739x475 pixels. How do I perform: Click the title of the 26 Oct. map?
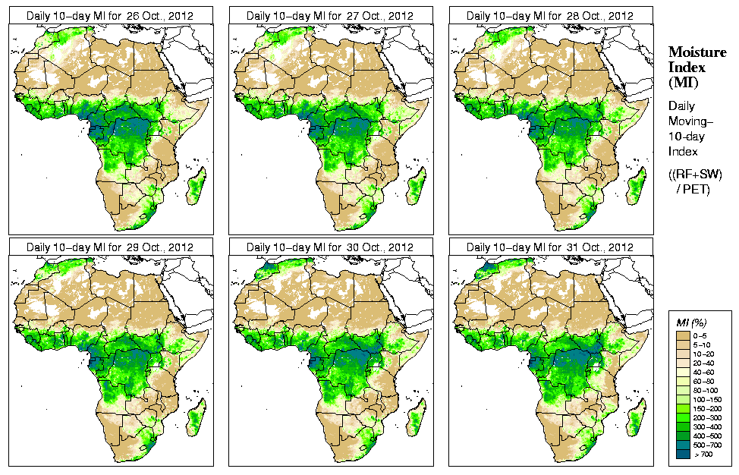tap(109, 15)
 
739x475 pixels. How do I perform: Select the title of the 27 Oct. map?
tap(329, 15)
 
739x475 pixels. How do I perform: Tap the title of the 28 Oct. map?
tap(549, 15)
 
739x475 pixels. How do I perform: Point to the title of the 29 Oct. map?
tap(109, 247)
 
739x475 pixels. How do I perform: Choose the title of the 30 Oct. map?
tap(329, 247)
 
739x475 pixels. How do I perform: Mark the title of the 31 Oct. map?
tap(549, 247)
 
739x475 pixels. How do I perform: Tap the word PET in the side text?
tap(696, 189)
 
